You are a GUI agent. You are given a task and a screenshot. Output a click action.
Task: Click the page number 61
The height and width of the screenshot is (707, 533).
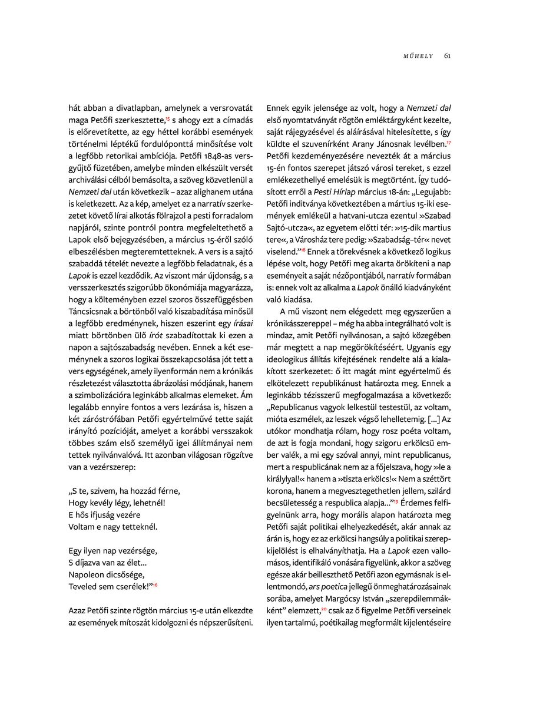click(448, 56)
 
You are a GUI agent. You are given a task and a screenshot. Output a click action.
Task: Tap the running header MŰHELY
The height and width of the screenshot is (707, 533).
click(418, 56)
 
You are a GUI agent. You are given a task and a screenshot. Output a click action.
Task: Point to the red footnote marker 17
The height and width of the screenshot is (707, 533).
click(449, 141)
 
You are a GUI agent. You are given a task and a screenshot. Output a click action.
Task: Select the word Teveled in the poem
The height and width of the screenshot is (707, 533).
click(85, 585)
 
